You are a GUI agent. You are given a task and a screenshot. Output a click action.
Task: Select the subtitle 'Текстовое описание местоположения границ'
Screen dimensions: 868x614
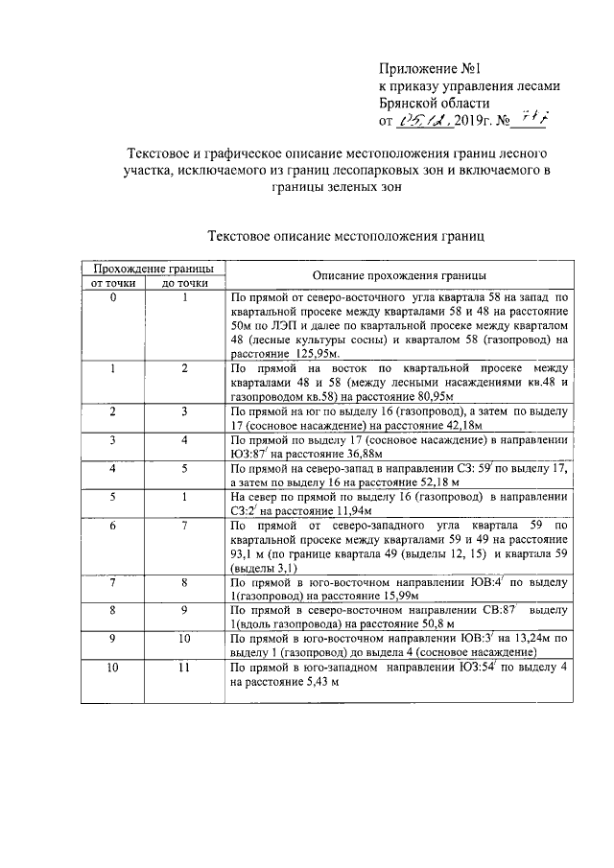tap(346, 233)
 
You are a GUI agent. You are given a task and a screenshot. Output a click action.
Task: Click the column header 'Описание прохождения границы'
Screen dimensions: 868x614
tap(396, 274)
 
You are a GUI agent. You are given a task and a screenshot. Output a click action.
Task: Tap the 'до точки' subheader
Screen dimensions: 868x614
tap(185, 283)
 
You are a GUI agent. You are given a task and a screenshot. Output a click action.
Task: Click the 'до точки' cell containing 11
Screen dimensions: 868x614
tap(185, 667)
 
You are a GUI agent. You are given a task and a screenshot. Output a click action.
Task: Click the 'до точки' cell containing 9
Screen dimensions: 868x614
tap(185, 609)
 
